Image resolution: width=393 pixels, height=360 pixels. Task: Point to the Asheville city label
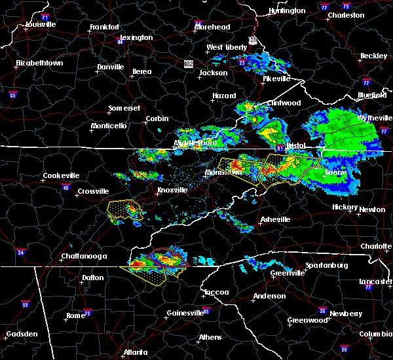(274, 219)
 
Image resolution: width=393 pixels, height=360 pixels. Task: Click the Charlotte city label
(376, 246)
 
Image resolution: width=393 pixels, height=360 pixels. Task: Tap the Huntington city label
(287, 11)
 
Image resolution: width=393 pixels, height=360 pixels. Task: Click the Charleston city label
(346, 15)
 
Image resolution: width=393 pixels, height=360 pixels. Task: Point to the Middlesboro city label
(195, 142)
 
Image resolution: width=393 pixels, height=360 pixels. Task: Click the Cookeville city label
(61, 175)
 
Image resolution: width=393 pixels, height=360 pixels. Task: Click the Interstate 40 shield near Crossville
(65, 188)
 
